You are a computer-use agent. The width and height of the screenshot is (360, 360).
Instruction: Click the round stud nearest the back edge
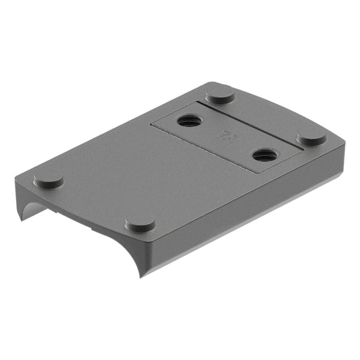(x=220, y=95)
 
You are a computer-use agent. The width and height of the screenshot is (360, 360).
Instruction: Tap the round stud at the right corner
(x=311, y=137)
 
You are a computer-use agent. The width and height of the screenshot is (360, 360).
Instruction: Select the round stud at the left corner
(x=49, y=179)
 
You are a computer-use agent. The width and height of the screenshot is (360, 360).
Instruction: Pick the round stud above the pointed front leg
(x=140, y=224)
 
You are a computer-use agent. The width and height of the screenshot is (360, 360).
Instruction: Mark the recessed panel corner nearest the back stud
(x=197, y=103)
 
